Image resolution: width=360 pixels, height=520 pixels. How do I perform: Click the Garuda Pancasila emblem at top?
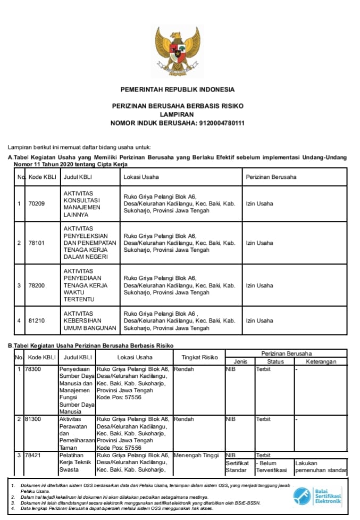[x=178, y=51]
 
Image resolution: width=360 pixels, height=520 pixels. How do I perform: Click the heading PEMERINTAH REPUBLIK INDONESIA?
[x=178, y=89]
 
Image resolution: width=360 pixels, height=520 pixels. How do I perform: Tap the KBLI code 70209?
[x=37, y=203]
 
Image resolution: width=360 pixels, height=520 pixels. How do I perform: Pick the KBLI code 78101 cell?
[x=37, y=243]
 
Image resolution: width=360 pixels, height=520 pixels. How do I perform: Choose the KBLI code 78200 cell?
[x=37, y=285]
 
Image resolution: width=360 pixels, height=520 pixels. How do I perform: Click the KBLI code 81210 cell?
[x=37, y=320]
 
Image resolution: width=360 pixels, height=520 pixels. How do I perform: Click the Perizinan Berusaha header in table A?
[x=271, y=177]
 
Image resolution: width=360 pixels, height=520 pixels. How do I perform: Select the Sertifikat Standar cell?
[x=237, y=467]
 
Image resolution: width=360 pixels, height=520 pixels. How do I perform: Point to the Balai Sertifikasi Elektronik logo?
[x=317, y=496]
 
